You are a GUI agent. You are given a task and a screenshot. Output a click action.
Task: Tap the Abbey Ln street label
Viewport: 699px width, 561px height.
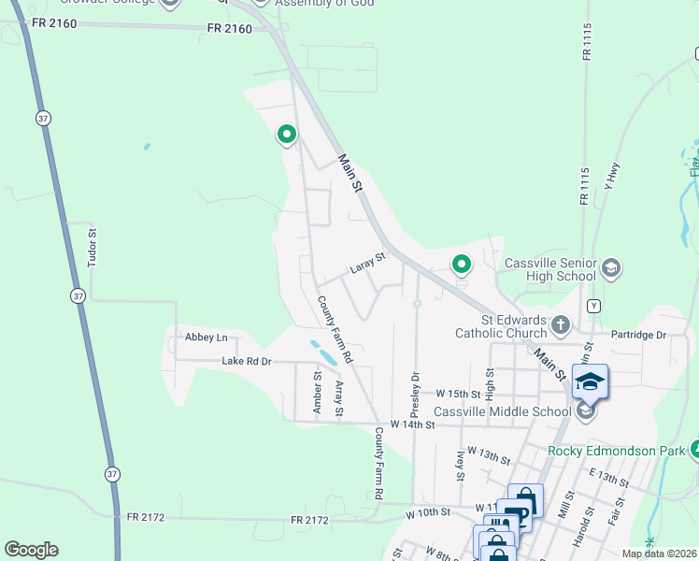click(206, 338)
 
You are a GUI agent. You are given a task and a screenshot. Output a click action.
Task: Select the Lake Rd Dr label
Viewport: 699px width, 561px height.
click(246, 361)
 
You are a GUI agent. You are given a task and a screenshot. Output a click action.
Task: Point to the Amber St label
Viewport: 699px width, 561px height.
click(318, 393)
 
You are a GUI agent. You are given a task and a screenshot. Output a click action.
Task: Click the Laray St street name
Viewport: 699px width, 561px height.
click(367, 264)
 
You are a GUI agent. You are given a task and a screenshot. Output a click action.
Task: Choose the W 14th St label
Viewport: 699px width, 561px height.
click(412, 424)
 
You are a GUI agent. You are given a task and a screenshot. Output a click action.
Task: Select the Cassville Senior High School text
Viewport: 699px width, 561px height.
click(549, 269)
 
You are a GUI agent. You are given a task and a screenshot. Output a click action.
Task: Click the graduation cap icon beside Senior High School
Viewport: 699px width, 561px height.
click(610, 269)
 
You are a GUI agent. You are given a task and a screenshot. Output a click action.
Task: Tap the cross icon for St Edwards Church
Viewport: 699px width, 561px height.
click(561, 325)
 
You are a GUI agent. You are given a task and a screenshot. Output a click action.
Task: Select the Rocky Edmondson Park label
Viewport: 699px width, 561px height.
click(617, 451)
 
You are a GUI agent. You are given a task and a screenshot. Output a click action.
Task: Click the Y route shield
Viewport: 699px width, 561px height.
click(592, 306)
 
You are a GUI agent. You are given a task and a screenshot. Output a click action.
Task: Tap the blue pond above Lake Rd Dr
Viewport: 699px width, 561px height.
click(323, 352)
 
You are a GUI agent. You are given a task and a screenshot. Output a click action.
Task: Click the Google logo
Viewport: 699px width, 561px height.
click(31, 550)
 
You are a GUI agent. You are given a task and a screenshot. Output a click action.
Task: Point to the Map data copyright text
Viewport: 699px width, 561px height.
click(659, 554)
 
